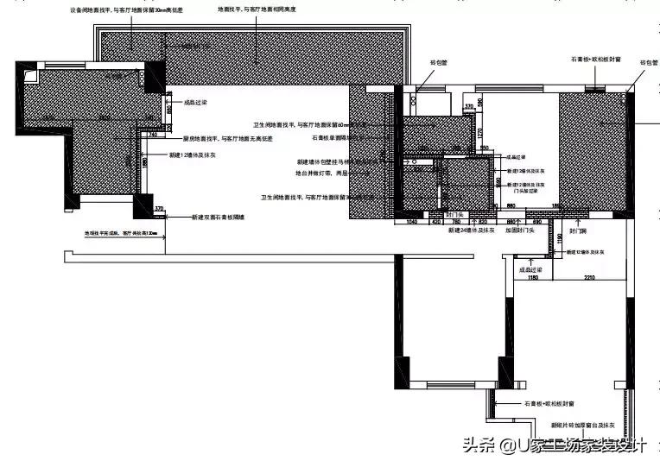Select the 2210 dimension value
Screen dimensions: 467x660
pos(588,278)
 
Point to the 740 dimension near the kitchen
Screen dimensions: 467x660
pos(152,136)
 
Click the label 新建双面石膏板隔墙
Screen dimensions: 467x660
pos(217,218)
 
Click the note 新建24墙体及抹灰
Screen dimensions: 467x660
pos(471,231)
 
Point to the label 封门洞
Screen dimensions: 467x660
pos(579,231)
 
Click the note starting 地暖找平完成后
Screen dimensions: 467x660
pos(120,233)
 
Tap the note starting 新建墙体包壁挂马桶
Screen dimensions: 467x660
pos(337,161)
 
